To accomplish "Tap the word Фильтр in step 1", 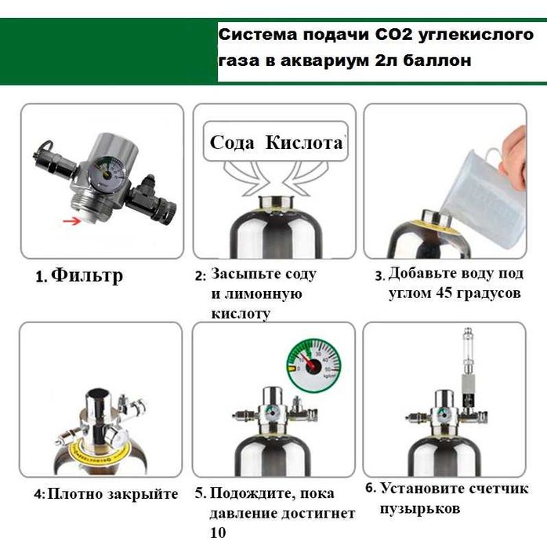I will coord(87,277).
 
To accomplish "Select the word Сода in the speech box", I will coord(233,143).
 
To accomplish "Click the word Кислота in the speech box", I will coord(304,143).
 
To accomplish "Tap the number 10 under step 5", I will coord(217,533).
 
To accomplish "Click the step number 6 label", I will coord(370,488).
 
